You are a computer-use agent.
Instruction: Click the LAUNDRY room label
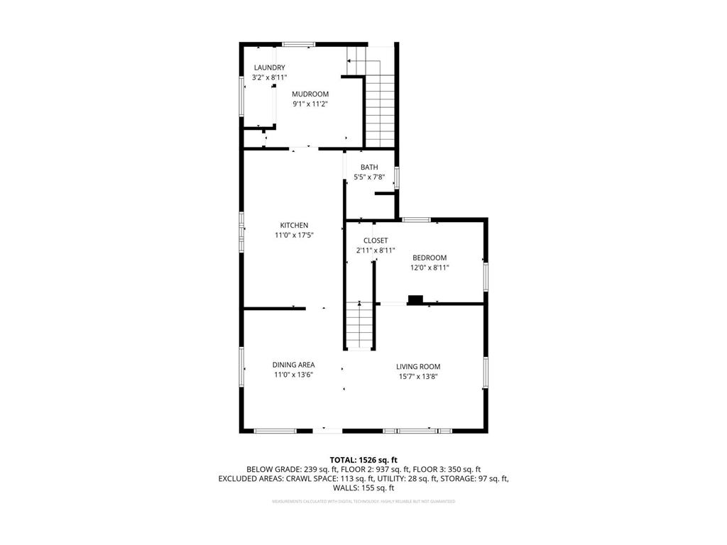click(269, 67)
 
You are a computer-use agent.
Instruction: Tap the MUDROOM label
click(310, 94)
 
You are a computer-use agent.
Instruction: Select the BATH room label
click(368, 167)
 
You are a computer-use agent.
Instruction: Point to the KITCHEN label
click(294, 225)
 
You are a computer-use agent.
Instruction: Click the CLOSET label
click(375, 241)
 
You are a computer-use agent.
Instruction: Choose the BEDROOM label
click(430, 258)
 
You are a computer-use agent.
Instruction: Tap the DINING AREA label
click(294, 365)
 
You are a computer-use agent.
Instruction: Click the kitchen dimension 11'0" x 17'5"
click(294, 235)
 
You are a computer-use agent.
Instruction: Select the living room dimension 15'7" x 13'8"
click(418, 377)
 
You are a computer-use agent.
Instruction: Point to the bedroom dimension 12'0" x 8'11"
click(430, 268)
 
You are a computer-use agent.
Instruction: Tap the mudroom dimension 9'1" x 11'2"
click(310, 104)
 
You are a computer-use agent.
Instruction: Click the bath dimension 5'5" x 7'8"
click(368, 177)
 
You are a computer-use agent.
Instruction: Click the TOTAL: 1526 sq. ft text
click(363, 460)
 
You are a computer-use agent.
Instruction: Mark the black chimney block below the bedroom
click(415, 299)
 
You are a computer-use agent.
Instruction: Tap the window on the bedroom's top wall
click(416, 219)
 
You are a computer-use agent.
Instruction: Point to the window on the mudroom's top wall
click(299, 45)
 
